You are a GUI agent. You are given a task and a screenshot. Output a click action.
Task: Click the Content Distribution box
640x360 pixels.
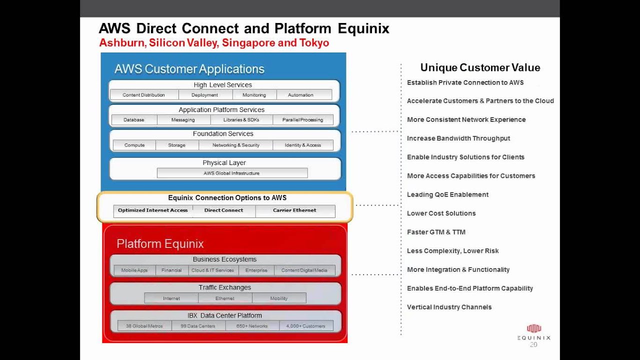[x=143, y=95]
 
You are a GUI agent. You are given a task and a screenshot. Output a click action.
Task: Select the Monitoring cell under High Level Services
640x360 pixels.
[x=254, y=95]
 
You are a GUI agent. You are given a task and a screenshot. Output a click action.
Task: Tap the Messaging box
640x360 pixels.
[x=183, y=120]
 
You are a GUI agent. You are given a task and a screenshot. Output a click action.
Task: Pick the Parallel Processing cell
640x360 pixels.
[x=302, y=120]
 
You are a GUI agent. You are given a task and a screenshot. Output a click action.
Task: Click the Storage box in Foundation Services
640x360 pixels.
[x=176, y=145]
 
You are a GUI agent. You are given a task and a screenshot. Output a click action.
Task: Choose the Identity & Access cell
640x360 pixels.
[x=302, y=145]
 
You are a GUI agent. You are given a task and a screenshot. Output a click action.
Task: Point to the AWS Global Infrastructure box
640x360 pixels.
[x=231, y=173]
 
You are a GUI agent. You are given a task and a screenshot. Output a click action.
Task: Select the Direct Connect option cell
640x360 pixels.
[x=223, y=210]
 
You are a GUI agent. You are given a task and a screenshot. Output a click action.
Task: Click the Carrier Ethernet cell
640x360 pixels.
[x=294, y=210]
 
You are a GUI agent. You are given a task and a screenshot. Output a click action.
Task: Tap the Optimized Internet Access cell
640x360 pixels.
[x=152, y=210]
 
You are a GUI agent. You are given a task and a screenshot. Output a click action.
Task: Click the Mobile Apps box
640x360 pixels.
[x=134, y=270]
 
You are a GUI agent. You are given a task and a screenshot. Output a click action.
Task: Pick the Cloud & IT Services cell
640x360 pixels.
[x=212, y=270]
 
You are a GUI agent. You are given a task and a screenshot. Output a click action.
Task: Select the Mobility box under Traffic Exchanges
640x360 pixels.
[x=278, y=298]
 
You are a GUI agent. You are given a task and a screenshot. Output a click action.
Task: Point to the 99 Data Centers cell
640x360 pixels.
[x=197, y=326]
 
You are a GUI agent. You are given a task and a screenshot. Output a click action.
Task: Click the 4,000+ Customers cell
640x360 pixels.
[x=305, y=326]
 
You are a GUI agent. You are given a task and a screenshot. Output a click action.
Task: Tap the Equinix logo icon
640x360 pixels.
[x=534, y=328]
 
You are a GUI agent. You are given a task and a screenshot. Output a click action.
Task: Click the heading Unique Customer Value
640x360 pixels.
[x=480, y=67]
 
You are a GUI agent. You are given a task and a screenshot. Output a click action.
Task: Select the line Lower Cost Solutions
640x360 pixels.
[x=441, y=213]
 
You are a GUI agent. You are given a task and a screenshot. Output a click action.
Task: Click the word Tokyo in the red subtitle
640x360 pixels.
[x=314, y=43]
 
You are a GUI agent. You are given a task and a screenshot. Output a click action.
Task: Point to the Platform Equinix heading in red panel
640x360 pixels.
[x=160, y=244]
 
